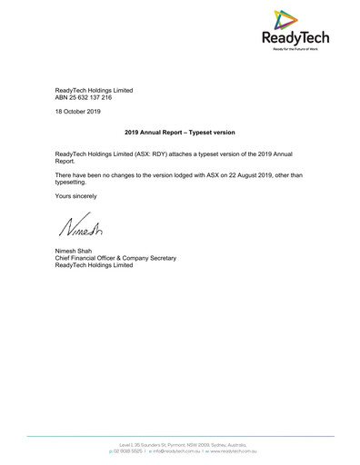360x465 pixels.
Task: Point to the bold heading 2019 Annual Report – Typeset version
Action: [179, 133]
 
